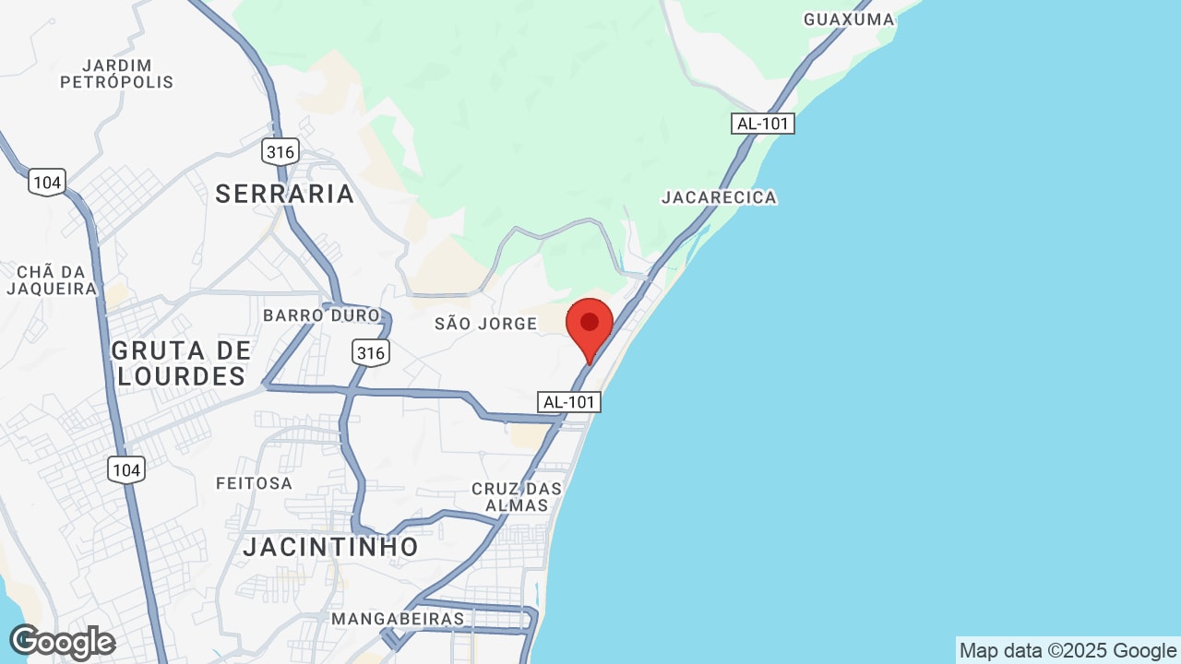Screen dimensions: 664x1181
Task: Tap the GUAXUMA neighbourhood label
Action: point(849,19)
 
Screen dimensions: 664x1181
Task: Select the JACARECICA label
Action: point(719,197)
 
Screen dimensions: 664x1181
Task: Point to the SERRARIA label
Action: point(285,194)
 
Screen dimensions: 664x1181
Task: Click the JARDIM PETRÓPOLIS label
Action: point(117,74)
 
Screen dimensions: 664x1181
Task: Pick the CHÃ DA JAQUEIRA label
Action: point(52,280)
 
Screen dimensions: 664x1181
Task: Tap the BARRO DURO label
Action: point(321,315)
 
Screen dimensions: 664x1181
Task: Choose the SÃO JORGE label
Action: point(485,324)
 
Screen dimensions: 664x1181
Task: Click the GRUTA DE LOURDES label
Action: point(182,363)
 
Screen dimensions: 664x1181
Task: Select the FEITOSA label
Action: point(254,483)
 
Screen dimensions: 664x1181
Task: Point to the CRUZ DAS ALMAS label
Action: point(517,496)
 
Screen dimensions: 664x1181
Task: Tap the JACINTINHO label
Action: point(331,547)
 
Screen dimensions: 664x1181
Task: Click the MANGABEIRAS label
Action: point(398,619)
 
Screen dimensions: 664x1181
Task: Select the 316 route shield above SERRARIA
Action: point(280,151)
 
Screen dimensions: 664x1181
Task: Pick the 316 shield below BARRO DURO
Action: point(370,352)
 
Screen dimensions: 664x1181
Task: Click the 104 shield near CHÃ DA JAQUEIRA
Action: point(46,183)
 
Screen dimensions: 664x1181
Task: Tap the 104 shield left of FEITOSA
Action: point(125,470)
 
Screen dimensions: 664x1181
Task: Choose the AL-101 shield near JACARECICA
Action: point(763,124)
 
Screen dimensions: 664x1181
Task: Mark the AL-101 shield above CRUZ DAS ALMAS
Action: point(569,402)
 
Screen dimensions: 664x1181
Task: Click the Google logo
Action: point(62,642)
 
